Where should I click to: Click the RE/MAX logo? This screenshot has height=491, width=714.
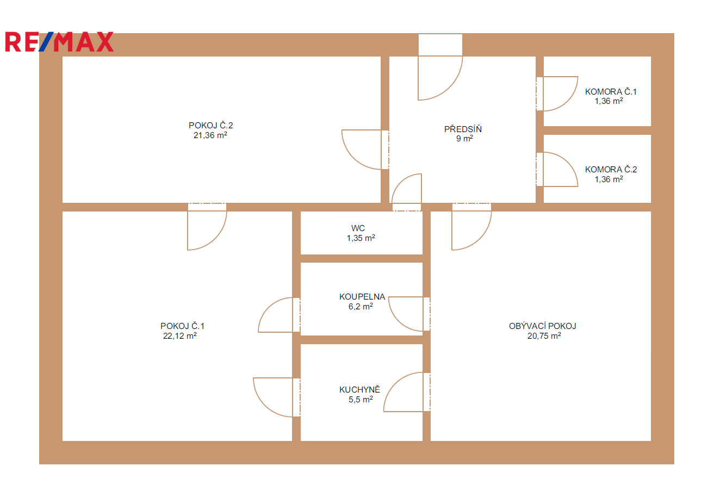tap(59, 42)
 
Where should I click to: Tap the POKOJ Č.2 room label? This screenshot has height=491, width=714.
tap(210, 126)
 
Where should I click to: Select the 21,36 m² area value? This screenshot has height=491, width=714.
tap(210, 135)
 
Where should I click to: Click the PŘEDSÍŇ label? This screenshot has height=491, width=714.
tap(463, 129)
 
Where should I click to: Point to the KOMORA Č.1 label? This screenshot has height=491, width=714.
tap(610, 92)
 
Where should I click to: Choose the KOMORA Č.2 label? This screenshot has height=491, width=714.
tap(611, 169)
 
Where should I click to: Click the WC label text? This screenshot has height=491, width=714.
tap(358, 228)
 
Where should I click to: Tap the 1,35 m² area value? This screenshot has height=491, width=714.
tap(361, 238)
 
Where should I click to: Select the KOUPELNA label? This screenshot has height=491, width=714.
tap(362, 297)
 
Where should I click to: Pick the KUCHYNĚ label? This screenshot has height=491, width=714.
tap(359, 389)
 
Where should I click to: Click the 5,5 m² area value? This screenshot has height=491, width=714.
tap(361, 400)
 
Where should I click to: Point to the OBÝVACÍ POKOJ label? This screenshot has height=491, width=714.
tap(543, 326)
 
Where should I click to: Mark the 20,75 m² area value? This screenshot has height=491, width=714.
tap(544, 336)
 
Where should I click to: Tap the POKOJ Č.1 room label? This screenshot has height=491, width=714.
tap(182, 326)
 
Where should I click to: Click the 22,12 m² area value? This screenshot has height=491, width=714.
tap(180, 336)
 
